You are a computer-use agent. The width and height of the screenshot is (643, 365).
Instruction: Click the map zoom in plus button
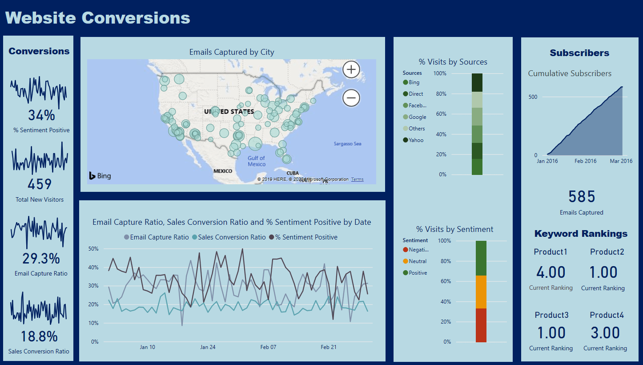coord(351,69)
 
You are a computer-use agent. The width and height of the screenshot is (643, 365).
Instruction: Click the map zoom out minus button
coord(351,98)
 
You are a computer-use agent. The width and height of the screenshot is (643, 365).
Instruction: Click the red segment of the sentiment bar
coord(481,325)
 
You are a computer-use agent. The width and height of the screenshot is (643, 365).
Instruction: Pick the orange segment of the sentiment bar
coord(481,292)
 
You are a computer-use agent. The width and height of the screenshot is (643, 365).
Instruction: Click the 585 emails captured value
coord(582,197)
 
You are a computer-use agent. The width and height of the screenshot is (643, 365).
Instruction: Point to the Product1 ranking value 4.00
coord(551,272)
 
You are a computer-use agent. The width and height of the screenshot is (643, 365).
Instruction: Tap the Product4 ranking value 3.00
coord(605,333)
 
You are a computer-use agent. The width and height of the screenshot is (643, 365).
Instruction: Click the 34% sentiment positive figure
coord(41,115)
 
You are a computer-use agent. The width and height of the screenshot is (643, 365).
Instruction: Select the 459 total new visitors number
coord(40,184)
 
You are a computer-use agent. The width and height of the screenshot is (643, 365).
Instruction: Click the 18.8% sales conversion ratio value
coord(39,337)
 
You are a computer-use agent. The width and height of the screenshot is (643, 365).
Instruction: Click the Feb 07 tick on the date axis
coord(268,347)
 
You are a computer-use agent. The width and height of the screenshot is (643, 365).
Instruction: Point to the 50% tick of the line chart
coord(93,248)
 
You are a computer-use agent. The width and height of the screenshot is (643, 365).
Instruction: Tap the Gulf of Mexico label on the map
coord(257,161)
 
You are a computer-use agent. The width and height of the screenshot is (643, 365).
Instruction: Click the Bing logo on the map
coord(100,176)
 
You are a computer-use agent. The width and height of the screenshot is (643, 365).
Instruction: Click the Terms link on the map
coord(357,179)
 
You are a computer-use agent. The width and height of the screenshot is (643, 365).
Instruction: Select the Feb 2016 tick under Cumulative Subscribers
coord(585,161)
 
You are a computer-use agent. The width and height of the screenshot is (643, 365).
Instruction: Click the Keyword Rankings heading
coord(581,234)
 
